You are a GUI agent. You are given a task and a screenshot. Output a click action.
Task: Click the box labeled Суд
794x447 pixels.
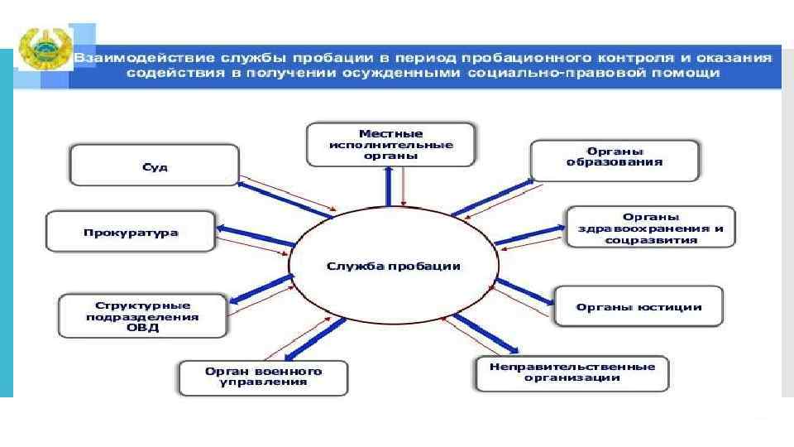click(x=155, y=166)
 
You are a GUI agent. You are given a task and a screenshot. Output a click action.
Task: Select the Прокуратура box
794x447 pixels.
click(x=131, y=232)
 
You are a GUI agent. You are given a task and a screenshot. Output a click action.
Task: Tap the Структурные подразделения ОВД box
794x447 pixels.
click(x=142, y=315)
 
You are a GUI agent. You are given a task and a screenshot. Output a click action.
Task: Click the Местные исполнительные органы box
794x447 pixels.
click(x=391, y=144)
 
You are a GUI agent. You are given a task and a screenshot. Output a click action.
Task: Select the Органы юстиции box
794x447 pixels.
click(x=639, y=306)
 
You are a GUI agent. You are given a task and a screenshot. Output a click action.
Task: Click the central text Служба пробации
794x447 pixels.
click(x=393, y=266)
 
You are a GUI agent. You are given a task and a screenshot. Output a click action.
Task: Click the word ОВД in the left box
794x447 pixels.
click(x=142, y=327)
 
